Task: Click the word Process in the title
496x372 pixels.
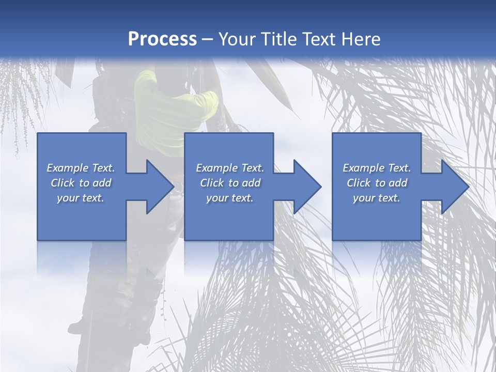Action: click(162, 39)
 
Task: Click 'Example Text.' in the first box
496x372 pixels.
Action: click(81, 168)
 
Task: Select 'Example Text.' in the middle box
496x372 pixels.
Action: click(229, 168)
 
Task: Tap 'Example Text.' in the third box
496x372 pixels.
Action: click(377, 168)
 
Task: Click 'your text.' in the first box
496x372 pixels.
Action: click(81, 198)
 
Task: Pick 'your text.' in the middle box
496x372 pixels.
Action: click(229, 198)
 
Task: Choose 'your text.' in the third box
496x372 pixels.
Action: click(377, 198)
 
